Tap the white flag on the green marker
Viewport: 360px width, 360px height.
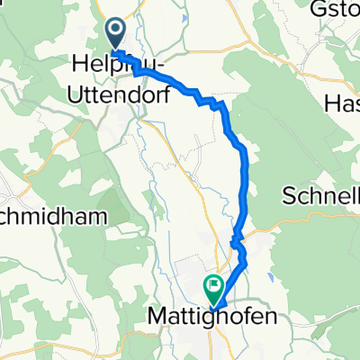215,289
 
